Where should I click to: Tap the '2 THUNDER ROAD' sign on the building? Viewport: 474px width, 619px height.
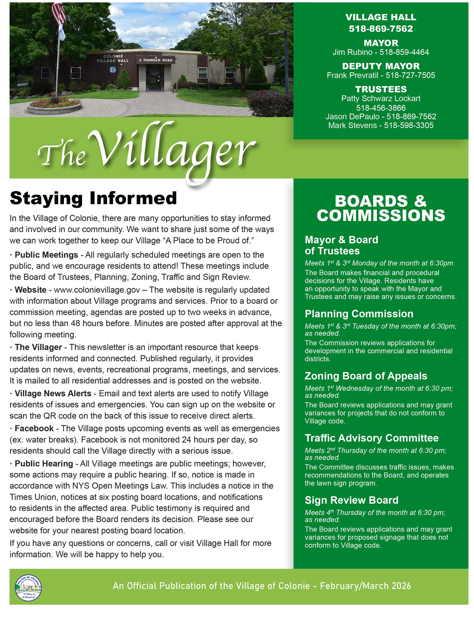coord(156,60)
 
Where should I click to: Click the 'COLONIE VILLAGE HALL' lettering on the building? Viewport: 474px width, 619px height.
coord(113,59)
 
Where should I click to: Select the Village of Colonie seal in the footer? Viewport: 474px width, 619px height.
coord(28,587)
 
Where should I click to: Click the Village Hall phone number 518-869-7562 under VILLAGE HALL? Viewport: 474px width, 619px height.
coord(381,29)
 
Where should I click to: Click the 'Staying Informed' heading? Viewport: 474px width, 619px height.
coord(93,198)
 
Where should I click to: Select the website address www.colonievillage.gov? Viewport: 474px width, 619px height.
coord(97,290)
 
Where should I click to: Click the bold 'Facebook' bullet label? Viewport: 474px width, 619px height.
coord(34,428)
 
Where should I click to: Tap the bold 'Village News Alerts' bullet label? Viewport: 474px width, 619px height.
coord(53,393)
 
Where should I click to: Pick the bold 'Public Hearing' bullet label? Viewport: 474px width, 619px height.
coord(44,464)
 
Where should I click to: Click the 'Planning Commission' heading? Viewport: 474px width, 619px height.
coord(359,314)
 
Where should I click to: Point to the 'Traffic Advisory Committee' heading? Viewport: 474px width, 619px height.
coord(371,438)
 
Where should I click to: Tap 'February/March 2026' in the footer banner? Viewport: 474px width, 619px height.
coord(365,586)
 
